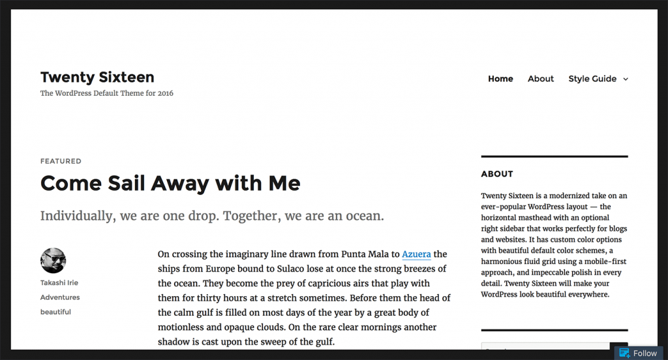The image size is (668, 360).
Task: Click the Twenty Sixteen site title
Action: [x=97, y=77]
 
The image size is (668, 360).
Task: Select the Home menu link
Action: [x=500, y=79]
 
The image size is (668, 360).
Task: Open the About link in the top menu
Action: [x=541, y=79]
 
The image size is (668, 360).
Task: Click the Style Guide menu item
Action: [x=592, y=79]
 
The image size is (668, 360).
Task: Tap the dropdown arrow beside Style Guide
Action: [x=626, y=80]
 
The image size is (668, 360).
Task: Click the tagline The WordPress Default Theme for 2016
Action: [x=107, y=93]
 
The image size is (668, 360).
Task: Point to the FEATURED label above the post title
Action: [x=61, y=161]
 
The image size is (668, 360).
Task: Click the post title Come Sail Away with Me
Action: [x=170, y=183]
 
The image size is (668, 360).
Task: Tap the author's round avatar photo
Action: [x=53, y=261]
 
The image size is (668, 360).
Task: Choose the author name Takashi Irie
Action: [x=59, y=283]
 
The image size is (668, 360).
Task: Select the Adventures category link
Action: [x=60, y=297]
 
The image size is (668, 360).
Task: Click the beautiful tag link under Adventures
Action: [x=55, y=312]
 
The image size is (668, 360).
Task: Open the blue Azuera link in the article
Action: [x=416, y=254]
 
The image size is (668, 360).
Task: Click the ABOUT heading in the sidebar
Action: [x=497, y=174]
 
